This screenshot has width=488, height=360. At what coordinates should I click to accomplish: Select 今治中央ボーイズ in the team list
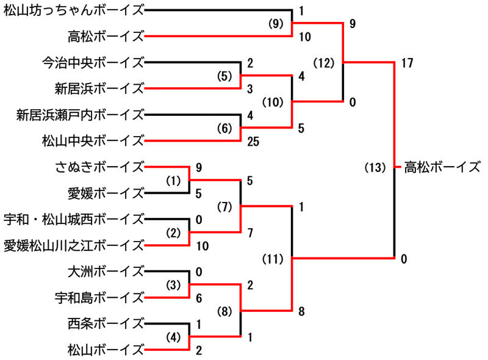[x=93, y=62]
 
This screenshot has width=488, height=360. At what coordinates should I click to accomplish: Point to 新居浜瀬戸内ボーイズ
[x=80, y=114]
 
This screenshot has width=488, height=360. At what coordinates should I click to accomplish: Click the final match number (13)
[x=375, y=167]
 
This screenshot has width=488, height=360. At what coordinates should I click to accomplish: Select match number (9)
[x=276, y=24]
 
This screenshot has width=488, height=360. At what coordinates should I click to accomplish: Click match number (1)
[x=174, y=181]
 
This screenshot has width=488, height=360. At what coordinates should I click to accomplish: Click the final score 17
[x=408, y=62]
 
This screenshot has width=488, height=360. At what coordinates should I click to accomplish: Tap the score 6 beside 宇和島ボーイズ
[x=199, y=298]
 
